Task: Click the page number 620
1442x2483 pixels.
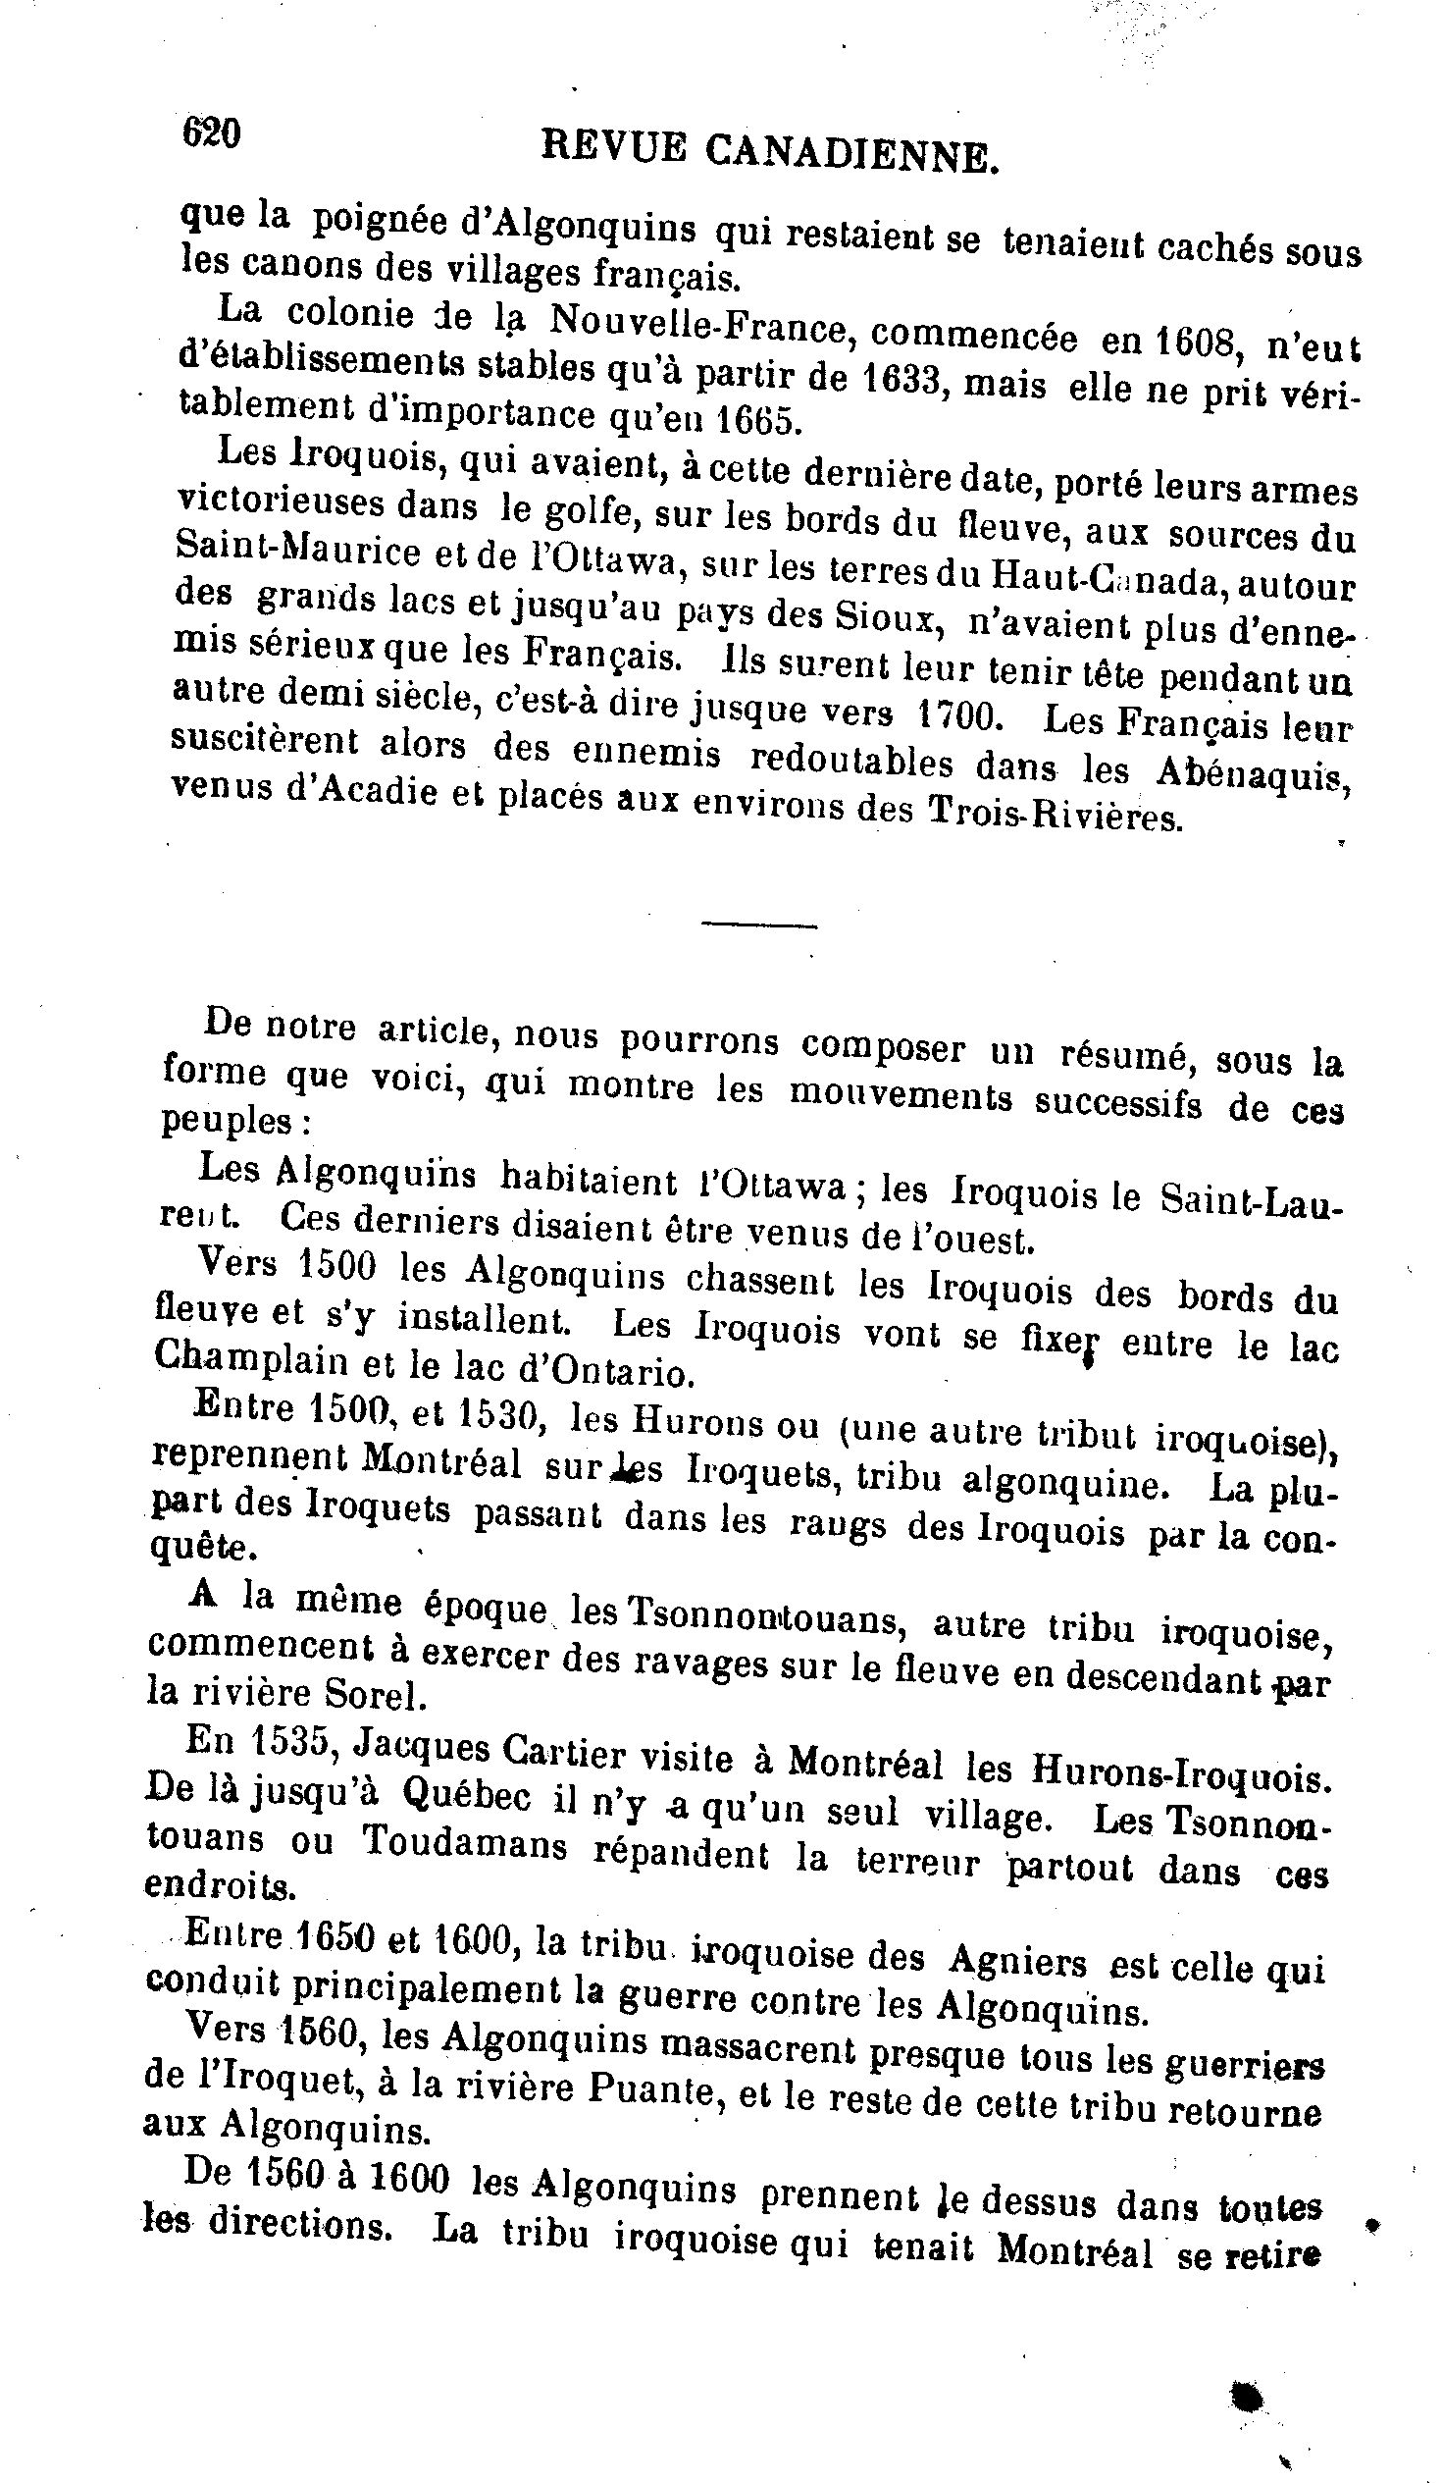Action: coord(211,133)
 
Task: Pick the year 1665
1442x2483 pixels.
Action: coord(753,421)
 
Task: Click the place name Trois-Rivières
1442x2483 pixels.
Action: coord(1054,814)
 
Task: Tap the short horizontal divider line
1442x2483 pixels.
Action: coord(758,925)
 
